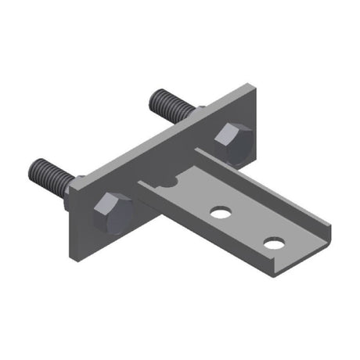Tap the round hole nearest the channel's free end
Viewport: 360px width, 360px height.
273,243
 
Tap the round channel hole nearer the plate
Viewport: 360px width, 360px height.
221,212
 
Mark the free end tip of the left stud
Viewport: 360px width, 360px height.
34,167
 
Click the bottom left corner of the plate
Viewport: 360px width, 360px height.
73,260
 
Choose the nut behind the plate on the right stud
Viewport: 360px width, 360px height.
196,111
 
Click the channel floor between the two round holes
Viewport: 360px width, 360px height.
247,228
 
